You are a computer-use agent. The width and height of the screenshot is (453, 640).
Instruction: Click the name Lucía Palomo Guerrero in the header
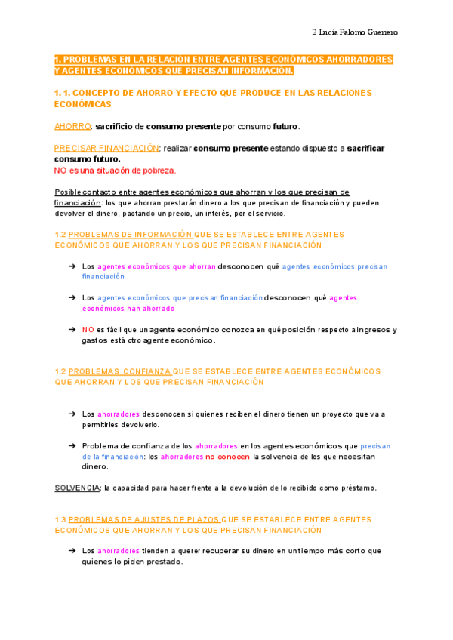point(359,32)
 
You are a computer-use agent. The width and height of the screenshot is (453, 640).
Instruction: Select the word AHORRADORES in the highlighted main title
point(356,59)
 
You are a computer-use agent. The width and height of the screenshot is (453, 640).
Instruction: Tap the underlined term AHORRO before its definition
point(72,125)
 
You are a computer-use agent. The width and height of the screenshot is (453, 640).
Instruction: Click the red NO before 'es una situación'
point(61,170)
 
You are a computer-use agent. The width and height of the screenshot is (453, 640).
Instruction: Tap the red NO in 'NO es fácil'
point(88,329)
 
